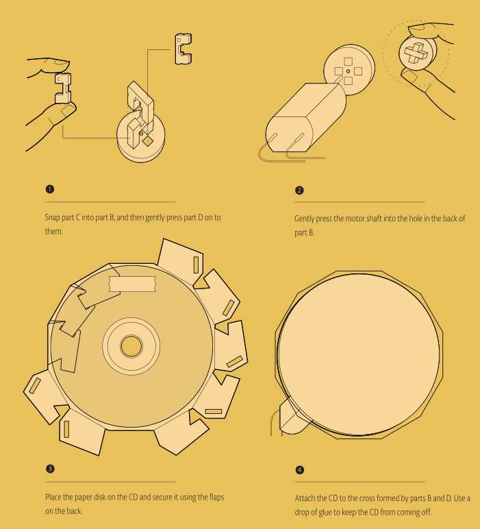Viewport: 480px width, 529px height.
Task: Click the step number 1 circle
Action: point(49,189)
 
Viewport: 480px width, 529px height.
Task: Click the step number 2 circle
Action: point(299,190)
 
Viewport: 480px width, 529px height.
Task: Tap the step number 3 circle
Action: point(50,469)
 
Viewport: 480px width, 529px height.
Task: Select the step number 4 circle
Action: point(299,469)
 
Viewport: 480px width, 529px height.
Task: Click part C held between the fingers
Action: point(63,88)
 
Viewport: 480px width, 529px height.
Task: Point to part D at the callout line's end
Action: point(183,49)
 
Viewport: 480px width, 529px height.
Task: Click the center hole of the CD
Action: point(131,346)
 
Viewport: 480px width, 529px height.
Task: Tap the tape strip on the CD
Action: point(132,284)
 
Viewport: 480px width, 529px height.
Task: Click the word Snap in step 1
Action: point(51,218)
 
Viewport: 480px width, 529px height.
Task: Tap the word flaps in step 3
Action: point(216,497)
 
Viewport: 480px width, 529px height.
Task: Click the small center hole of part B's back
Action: point(349,71)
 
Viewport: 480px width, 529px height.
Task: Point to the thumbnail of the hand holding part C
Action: point(68,110)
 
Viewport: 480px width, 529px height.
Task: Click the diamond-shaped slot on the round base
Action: point(148,140)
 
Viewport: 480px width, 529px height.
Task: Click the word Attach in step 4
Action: point(305,498)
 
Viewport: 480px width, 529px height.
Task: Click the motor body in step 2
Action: point(305,117)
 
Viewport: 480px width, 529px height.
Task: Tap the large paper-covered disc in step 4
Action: point(359,354)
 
